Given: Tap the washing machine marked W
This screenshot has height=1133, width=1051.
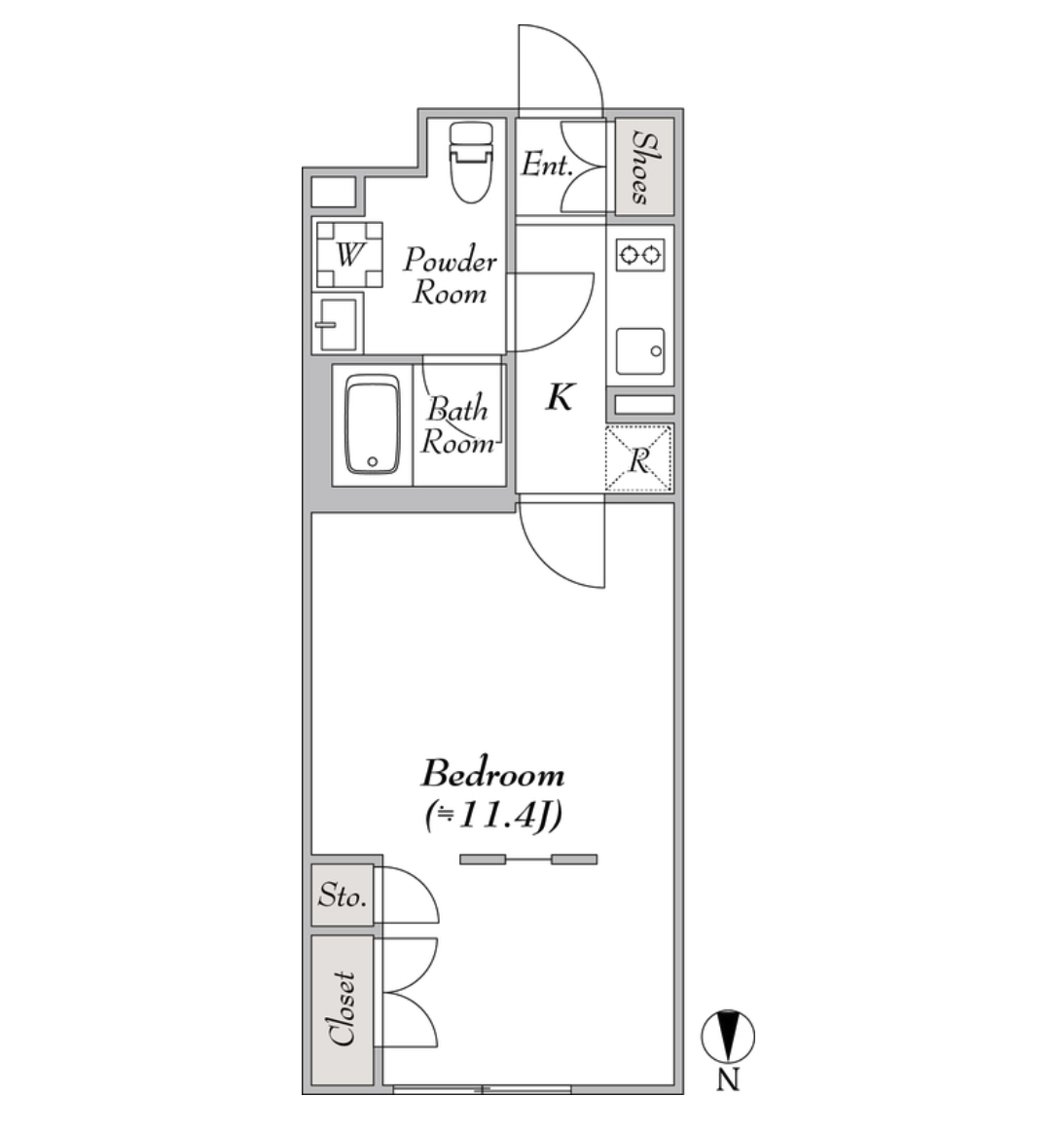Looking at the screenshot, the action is pos(349,255).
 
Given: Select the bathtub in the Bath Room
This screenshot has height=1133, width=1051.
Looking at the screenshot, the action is pos(372,424).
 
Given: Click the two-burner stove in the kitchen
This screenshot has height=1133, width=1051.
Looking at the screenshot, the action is pos(640,254).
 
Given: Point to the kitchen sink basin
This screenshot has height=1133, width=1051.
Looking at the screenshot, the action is pos(640,351).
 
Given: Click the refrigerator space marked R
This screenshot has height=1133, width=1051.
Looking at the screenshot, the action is pos(638,458).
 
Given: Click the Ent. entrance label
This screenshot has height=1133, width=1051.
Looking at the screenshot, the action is pos(547,164).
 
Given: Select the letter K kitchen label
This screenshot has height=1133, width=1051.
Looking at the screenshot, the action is pos(560,397).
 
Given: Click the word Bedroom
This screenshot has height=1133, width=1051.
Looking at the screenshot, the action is pos(492,775).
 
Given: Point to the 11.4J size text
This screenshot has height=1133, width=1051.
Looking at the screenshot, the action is pos(493,816).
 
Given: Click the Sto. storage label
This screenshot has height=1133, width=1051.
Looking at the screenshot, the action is pos(343,896).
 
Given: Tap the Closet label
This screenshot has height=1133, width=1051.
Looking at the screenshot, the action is pos(343,1008).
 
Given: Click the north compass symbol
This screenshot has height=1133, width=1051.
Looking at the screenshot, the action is pos(728,1037).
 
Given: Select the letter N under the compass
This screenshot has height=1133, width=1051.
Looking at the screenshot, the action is pos(728,1079).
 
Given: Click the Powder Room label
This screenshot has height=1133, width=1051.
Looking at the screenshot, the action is pos(450,276).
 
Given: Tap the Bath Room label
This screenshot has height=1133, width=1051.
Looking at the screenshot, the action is pos(457,425).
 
